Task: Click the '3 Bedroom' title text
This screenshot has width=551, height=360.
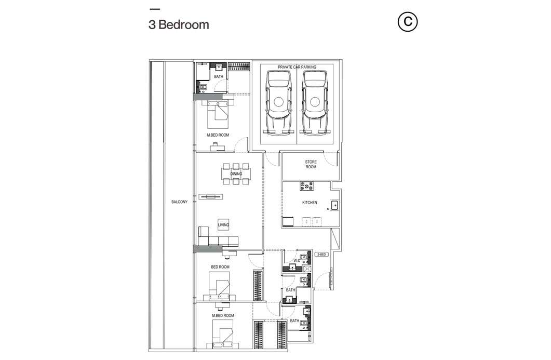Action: coord(179,24)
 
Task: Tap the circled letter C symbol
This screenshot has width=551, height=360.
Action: coord(408,22)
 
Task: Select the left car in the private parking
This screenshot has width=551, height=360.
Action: coord(279,102)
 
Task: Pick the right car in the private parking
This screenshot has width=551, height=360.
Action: coord(315,102)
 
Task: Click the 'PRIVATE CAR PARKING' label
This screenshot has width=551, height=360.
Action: coord(297,67)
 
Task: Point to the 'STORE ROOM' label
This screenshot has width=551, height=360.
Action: coord(311,165)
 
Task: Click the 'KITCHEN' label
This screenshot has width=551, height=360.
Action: coord(310,203)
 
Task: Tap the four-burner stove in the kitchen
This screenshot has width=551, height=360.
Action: coord(306,186)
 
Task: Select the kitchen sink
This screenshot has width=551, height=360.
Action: coord(335,205)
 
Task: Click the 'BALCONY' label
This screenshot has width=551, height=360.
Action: coord(179,202)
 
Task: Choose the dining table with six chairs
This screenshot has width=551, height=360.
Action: coord(236,174)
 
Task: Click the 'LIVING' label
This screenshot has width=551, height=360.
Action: coord(223,225)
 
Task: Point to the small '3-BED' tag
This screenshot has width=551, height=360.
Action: coord(321,254)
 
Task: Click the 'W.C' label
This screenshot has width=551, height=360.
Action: coord(297,260)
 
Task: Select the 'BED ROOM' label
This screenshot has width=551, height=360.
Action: coord(220,267)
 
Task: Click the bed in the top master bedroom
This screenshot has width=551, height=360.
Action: coord(218,114)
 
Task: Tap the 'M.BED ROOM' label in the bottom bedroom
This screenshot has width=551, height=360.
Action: coord(223,316)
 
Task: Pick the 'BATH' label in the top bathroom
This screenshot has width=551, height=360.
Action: coord(219,77)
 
